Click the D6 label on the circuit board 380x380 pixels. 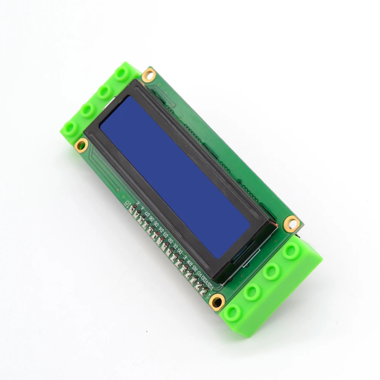[x=152, y=220]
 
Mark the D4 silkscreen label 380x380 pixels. [x=161, y=230]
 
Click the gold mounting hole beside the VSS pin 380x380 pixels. [x=217, y=302]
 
